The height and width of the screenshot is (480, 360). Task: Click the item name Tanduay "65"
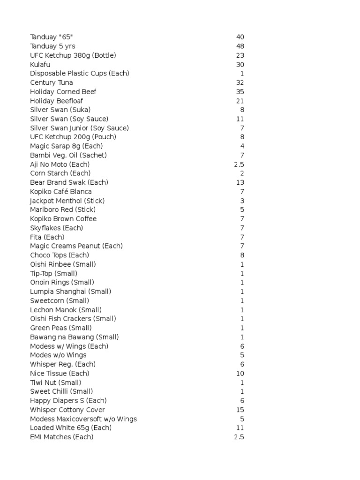click(x=51, y=37)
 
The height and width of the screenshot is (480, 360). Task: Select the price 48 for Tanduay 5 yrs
click(x=240, y=46)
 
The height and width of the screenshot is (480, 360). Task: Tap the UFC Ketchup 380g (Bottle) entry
click(x=73, y=55)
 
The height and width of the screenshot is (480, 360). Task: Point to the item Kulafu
click(x=40, y=64)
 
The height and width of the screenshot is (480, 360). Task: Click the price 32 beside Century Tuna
click(x=240, y=82)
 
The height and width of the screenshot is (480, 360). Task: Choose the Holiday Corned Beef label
click(x=63, y=92)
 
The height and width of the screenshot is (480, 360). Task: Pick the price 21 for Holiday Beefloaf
click(x=240, y=101)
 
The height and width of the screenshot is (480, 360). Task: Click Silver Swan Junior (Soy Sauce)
click(x=80, y=128)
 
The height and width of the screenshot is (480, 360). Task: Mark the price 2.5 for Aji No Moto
click(x=239, y=165)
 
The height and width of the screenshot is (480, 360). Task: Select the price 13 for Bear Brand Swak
click(x=240, y=182)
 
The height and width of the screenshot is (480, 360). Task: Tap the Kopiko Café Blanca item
click(x=61, y=192)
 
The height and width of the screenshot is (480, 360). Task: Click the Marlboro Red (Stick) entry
click(x=63, y=210)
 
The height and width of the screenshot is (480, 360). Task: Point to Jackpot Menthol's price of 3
click(x=242, y=201)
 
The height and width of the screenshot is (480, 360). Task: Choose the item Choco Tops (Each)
click(x=60, y=255)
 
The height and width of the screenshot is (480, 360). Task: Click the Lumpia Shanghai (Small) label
click(x=71, y=292)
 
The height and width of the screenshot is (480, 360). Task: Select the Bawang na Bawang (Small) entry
click(x=75, y=337)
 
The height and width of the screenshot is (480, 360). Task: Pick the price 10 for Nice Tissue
click(x=240, y=374)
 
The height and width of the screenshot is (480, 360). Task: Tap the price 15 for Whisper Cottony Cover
click(x=240, y=410)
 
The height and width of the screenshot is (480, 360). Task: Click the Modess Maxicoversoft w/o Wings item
click(x=83, y=419)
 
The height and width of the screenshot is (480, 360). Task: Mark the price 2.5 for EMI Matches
click(x=239, y=437)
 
